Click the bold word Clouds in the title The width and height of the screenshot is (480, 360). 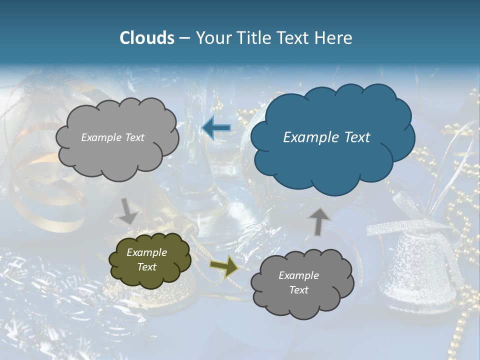tap(146, 37)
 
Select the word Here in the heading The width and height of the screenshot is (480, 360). tap(335, 37)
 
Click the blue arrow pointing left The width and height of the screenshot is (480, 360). tap(216, 128)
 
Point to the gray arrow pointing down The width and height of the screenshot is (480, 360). tap(128, 211)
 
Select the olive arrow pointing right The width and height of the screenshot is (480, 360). tap(224, 266)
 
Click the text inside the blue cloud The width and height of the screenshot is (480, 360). tap(326, 137)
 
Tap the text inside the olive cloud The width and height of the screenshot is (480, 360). tap(146, 259)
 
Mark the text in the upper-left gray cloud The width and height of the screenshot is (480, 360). tap(112, 137)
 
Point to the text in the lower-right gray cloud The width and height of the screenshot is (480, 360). tap(298, 282)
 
